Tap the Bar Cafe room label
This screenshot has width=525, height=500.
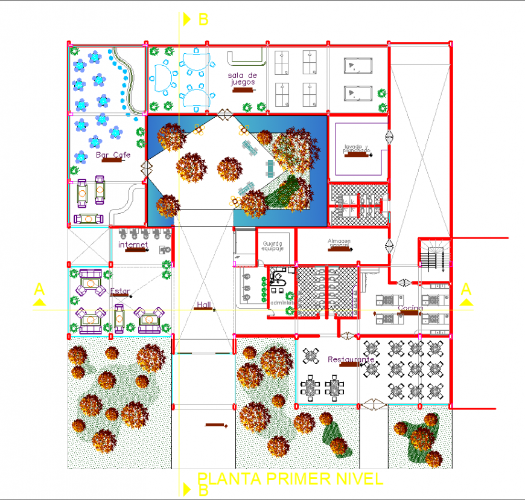click(x=113, y=155)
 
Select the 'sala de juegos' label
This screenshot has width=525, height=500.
click(x=242, y=79)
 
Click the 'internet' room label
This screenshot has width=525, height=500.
click(x=133, y=245)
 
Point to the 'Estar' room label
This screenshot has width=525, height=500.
click(x=119, y=291)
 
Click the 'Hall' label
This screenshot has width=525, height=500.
click(x=203, y=306)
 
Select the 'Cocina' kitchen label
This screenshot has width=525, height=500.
click(x=410, y=309)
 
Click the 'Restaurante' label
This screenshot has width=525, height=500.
click(x=351, y=360)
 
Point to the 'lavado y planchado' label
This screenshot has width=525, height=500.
click(x=356, y=149)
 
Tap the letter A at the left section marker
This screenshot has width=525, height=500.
click(x=39, y=288)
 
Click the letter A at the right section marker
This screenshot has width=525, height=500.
click(x=466, y=288)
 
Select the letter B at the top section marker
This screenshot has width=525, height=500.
click(x=203, y=19)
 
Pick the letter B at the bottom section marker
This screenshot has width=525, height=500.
click(x=203, y=490)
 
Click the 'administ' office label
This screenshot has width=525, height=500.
click(x=282, y=303)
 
